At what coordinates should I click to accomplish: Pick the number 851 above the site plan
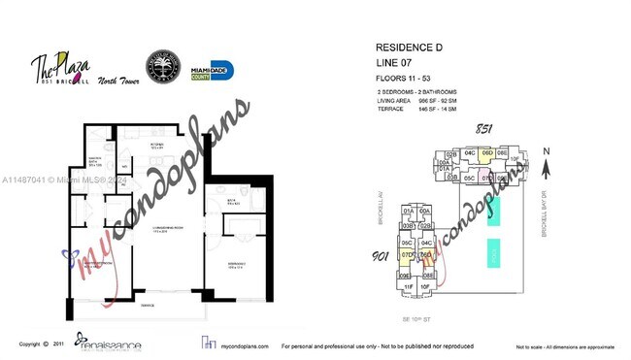click(x=482, y=129)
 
